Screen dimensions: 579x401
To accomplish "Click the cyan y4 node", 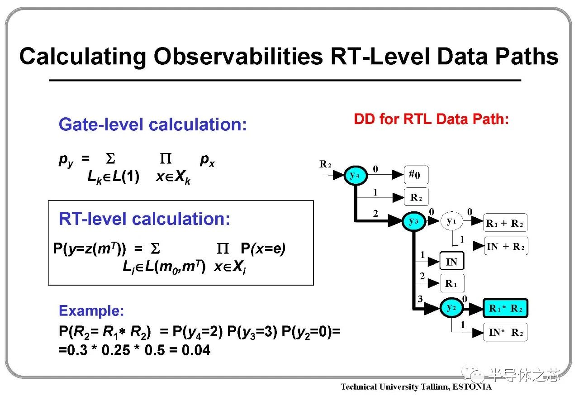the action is (356, 176).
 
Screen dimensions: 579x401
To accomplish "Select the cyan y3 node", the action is (414, 221).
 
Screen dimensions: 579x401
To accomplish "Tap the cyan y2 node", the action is (451, 308).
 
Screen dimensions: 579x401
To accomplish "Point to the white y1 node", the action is (451, 221).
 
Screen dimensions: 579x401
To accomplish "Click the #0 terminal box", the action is (417, 175).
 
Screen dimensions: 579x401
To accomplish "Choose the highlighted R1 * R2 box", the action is (506, 308).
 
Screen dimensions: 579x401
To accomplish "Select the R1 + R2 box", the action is (505, 223).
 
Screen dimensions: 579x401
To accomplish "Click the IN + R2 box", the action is (506, 246).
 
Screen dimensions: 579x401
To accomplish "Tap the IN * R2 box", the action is (505, 332).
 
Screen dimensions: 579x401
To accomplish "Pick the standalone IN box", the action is (452, 261).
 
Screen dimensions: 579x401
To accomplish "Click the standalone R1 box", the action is (452, 283).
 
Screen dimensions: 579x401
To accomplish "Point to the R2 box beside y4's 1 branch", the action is (417, 197).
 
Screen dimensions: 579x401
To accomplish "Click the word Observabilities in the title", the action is (238, 56).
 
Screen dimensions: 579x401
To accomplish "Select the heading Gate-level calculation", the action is (153, 124).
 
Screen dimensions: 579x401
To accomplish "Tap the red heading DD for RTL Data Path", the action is (431, 119).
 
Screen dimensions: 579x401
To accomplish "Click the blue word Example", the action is (91, 310).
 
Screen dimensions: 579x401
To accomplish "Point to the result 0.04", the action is (196, 350).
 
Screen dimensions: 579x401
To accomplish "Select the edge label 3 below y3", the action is (420, 299).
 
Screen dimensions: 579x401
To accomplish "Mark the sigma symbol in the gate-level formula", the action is (110, 158).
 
